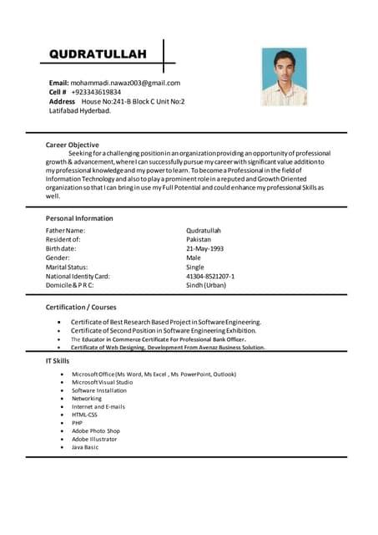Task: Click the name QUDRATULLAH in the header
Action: click(x=98, y=54)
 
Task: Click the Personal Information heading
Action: click(x=79, y=218)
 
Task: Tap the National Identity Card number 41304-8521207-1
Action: click(x=210, y=276)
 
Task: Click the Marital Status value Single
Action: click(x=195, y=267)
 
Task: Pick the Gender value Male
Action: click(x=194, y=257)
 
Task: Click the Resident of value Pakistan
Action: click(x=200, y=239)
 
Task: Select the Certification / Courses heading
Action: click(x=81, y=308)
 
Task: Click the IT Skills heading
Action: click(x=58, y=359)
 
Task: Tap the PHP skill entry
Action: click(x=78, y=423)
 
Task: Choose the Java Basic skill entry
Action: click(x=85, y=447)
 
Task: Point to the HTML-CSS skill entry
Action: click(x=84, y=415)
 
